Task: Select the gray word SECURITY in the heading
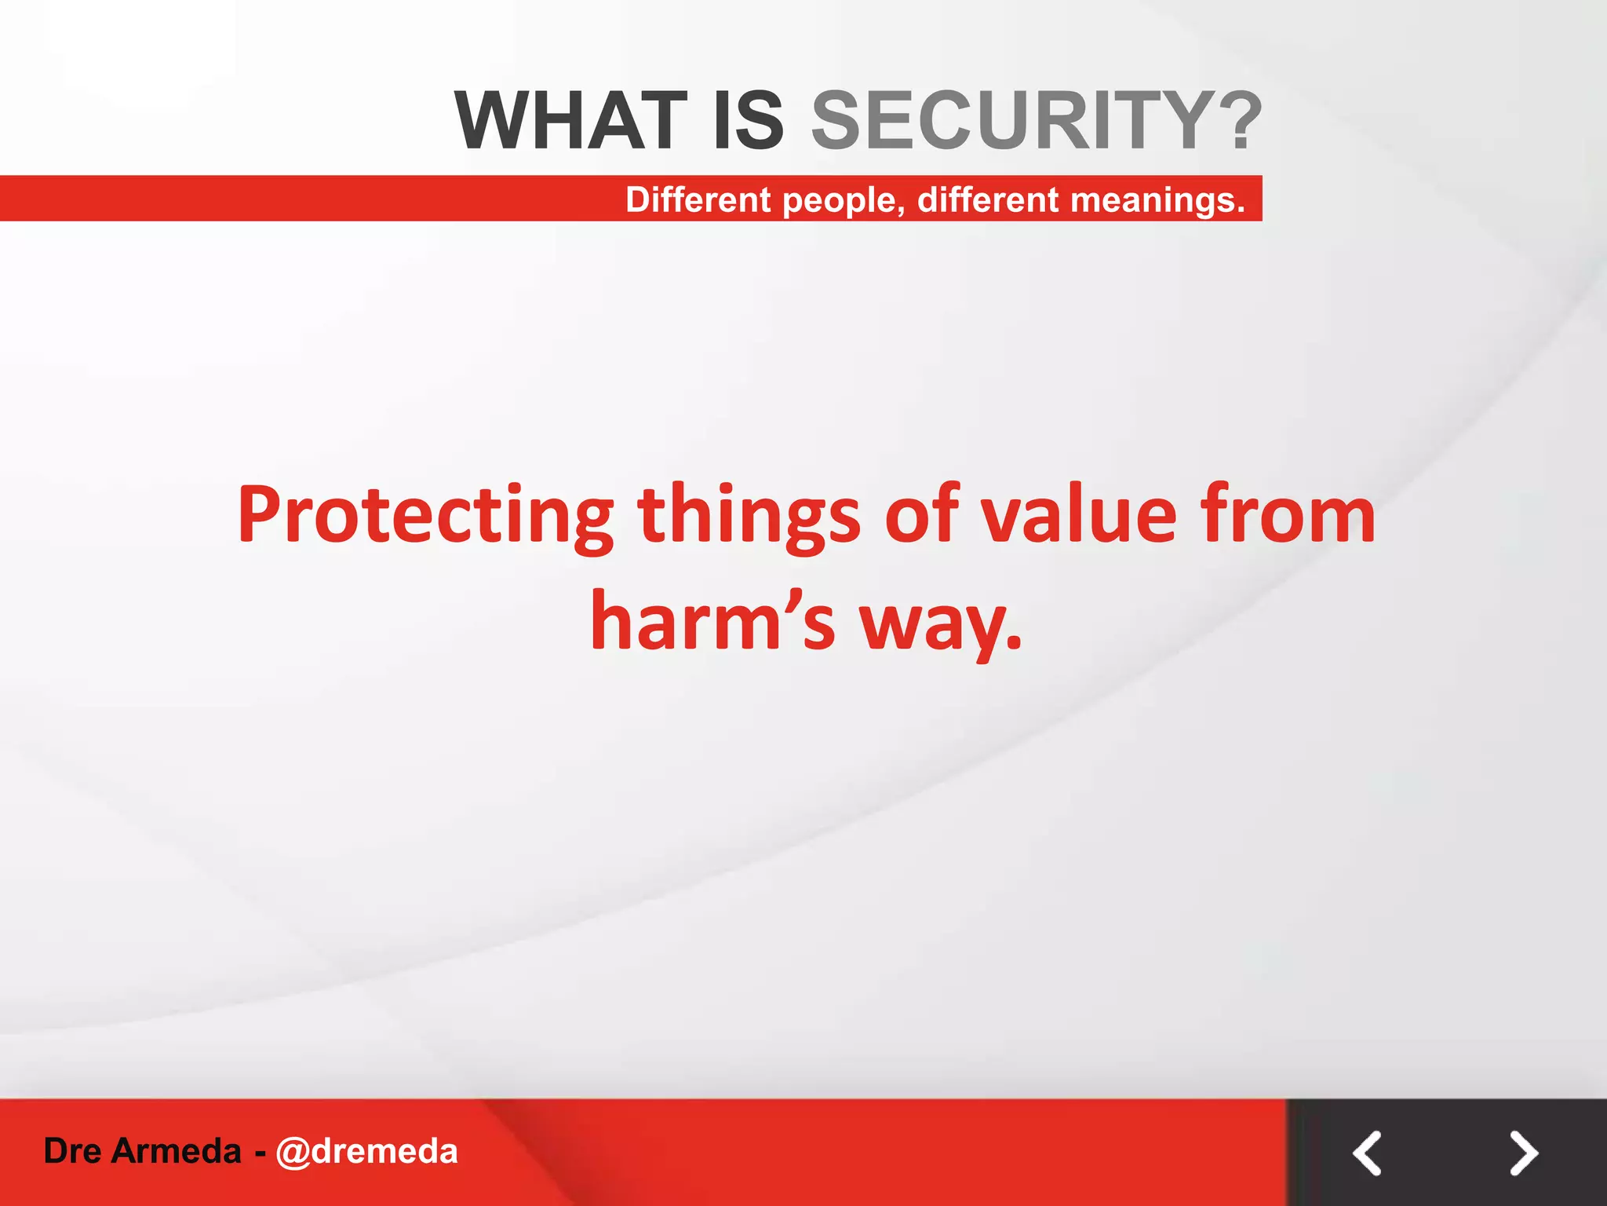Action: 1012,121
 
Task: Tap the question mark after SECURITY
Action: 1240,121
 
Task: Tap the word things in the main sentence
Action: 749,517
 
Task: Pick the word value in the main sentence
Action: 1080,516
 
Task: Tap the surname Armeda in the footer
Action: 177,1151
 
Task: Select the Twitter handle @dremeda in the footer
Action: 366,1151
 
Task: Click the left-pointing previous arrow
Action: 1367,1153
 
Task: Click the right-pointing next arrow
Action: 1524,1153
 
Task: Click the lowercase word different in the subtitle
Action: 988,199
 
